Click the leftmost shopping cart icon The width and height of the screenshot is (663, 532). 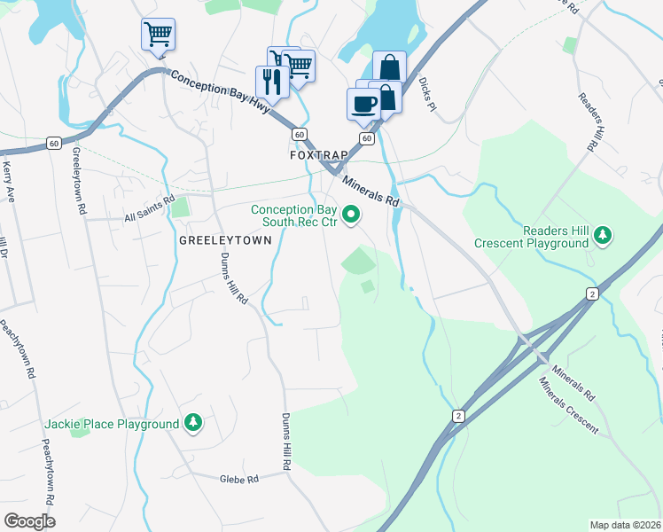(x=158, y=35)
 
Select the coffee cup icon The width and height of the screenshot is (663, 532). (x=363, y=104)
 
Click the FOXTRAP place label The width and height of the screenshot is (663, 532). (x=319, y=154)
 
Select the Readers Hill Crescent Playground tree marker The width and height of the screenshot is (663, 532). (x=603, y=235)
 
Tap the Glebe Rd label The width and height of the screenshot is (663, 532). (x=239, y=479)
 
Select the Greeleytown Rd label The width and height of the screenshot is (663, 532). (x=80, y=184)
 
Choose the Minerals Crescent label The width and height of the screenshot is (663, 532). (x=569, y=407)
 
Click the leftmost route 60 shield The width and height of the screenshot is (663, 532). (x=54, y=142)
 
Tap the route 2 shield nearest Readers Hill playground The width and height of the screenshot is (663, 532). (x=591, y=293)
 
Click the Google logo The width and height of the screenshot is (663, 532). (x=29, y=520)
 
